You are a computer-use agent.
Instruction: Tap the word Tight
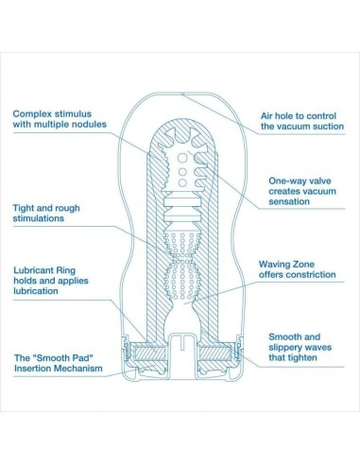click(x=26, y=206)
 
